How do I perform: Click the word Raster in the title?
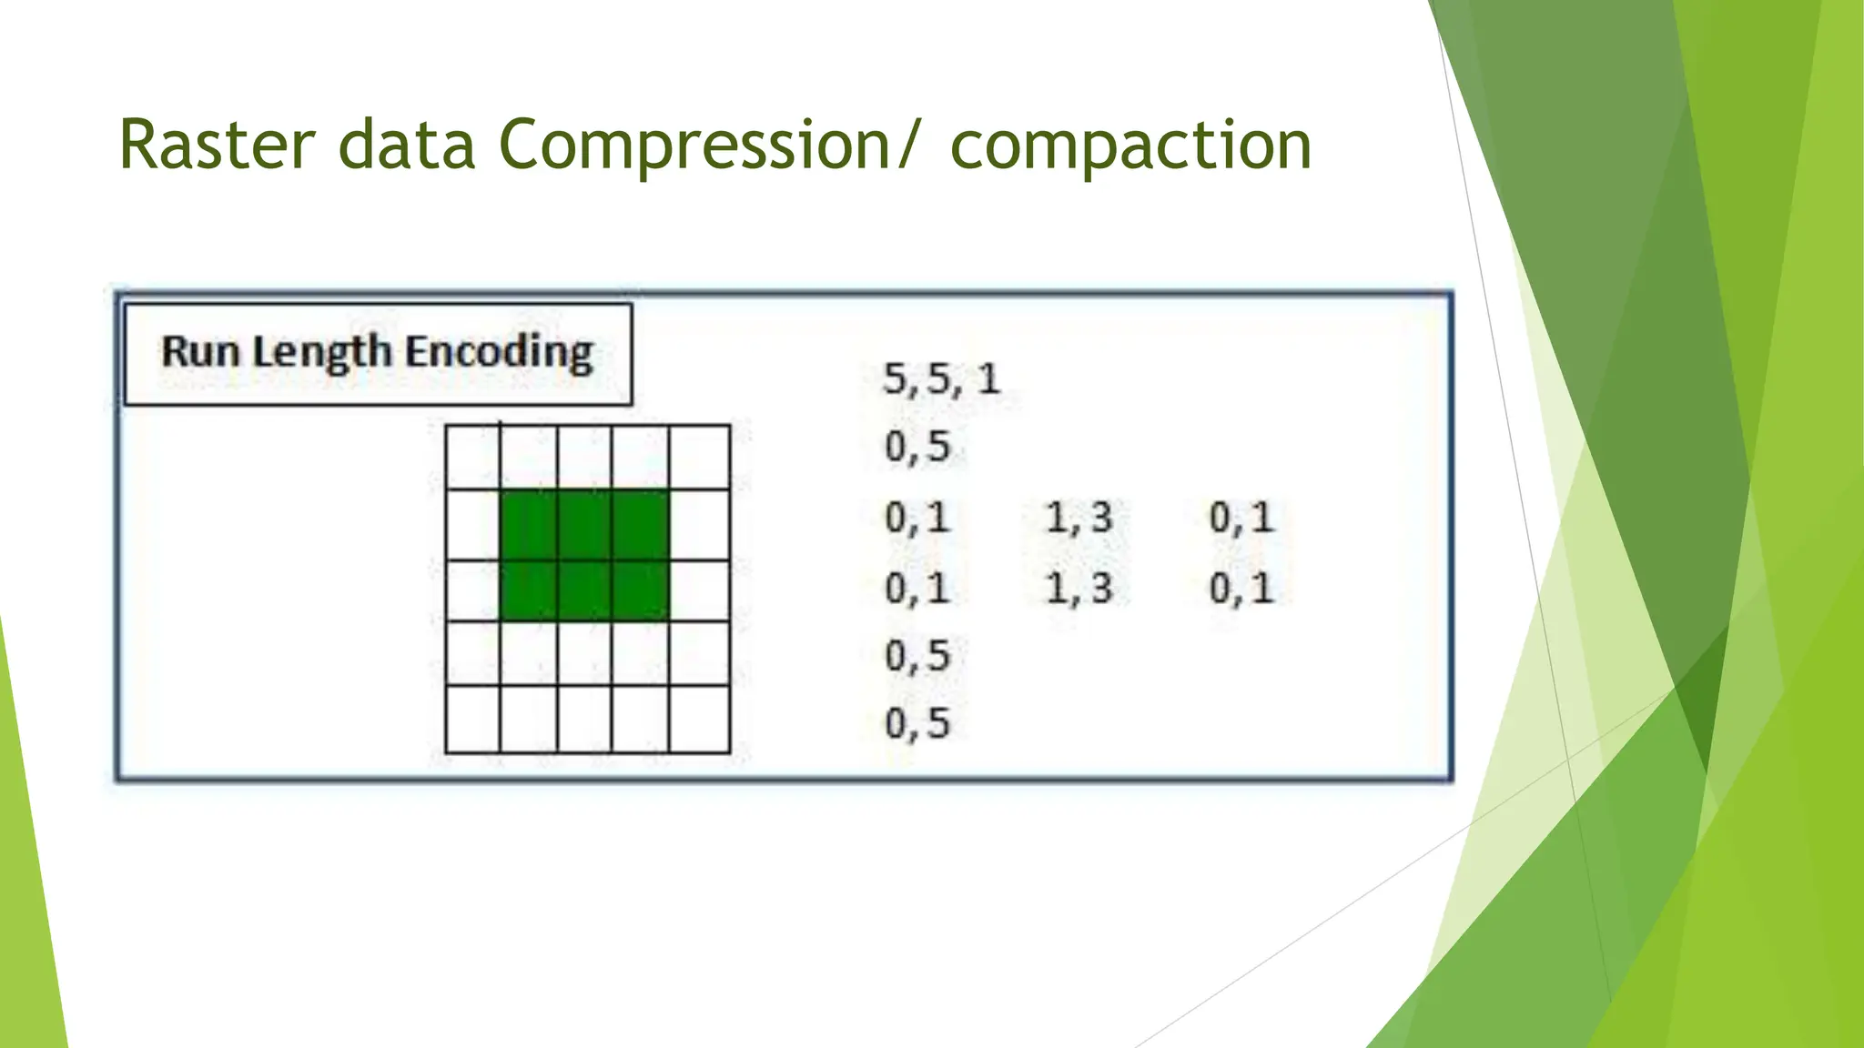pos(217,146)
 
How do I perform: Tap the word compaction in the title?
pos(1130,146)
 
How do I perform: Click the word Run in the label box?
pos(200,351)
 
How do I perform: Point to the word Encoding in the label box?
pos(499,353)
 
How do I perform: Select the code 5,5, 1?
pos(941,378)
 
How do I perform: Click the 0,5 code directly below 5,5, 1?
pos(917,447)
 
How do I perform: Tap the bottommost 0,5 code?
pos(917,723)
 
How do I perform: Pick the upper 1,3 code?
pos(1079,518)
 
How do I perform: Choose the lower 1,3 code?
pos(1079,588)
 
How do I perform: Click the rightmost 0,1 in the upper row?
pos(1241,518)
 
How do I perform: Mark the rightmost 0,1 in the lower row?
pos(1241,588)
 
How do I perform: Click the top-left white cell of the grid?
pos(472,458)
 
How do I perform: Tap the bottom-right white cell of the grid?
pos(699,719)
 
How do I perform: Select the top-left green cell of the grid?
pos(529,525)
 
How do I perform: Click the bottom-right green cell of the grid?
pos(641,590)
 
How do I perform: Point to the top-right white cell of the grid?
pos(699,458)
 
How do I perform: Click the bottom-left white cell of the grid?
pos(472,719)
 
